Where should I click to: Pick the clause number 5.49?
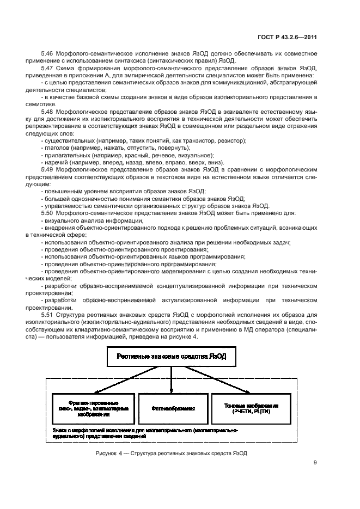48,169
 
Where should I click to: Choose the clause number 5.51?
48,314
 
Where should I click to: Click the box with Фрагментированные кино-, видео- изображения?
93,408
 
